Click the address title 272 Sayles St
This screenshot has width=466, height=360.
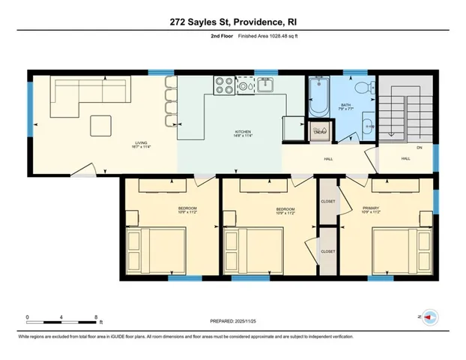tap(233, 23)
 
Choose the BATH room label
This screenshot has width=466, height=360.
tap(345, 105)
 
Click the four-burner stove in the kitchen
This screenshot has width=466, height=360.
tap(224, 85)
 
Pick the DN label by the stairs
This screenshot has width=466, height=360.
tap(419, 148)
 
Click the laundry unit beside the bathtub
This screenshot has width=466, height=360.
tap(320, 132)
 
